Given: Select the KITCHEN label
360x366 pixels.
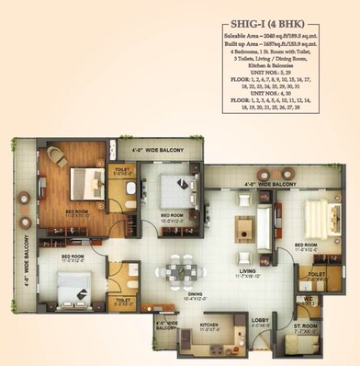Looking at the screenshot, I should [x=209, y=325].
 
